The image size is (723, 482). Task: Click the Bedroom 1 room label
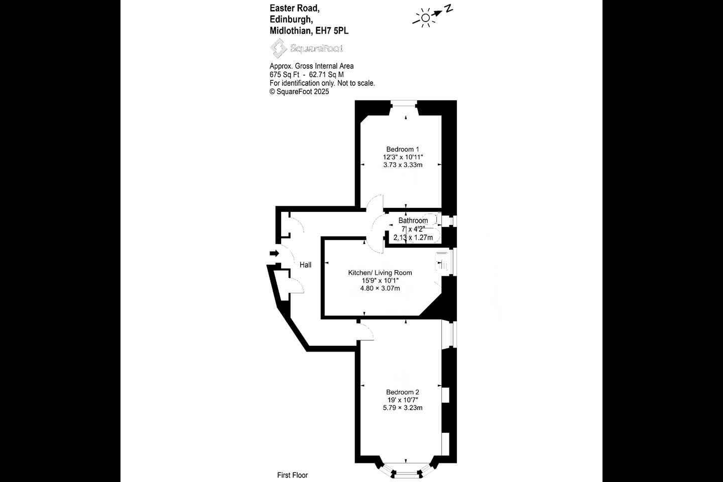(402, 149)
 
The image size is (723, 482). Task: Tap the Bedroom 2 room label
(402, 392)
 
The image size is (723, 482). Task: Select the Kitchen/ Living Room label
(380, 273)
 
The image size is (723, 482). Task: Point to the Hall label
(305, 265)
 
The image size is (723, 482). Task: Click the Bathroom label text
(413, 220)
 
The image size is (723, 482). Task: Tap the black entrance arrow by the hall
(274, 254)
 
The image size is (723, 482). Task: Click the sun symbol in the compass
(425, 18)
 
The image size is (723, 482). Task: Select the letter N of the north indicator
(449, 8)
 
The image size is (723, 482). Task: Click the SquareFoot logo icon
(277, 48)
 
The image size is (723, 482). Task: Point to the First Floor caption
(292, 475)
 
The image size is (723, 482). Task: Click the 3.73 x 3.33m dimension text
(402, 165)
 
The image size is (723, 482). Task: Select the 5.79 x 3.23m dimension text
(402, 408)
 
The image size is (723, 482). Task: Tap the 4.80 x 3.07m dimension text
(380, 288)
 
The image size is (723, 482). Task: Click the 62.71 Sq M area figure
(326, 74)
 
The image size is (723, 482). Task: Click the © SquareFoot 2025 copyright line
(299, 91)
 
